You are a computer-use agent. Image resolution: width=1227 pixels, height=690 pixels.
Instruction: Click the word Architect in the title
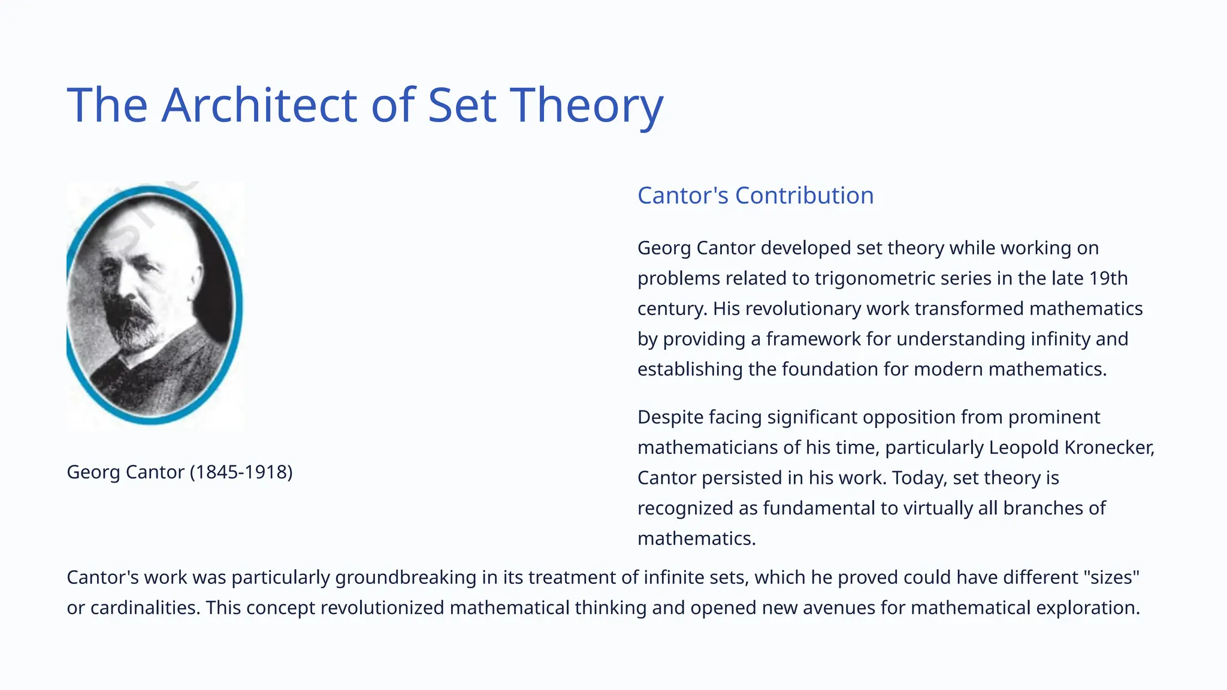pyautogui.click(x=259, y=105)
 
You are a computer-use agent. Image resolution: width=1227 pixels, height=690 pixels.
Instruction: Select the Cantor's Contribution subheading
pyautogui.click(x=755, y=195)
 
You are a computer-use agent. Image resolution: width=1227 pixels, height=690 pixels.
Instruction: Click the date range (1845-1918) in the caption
pyautogui.click(x=241, y=472)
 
